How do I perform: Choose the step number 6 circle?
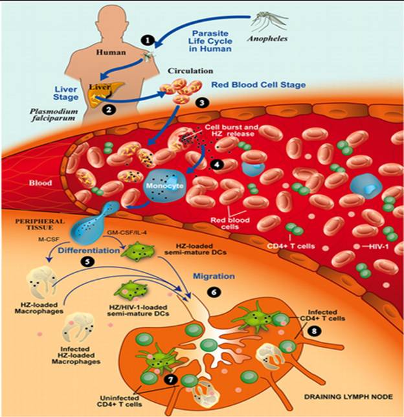[214, 292]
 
